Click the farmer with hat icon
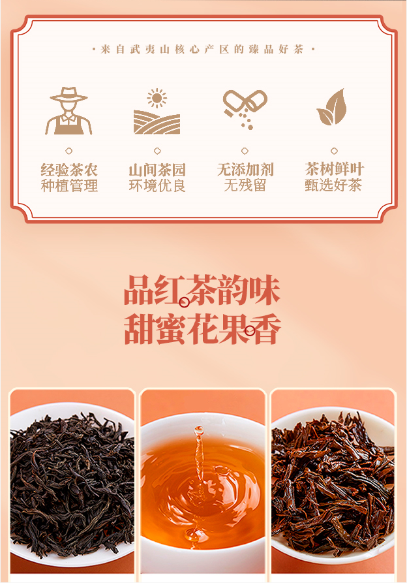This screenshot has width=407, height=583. point(68,111)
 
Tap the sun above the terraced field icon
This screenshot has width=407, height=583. point(157,98)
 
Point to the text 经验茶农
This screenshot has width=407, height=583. point(69,170)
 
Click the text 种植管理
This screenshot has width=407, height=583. point(69,185)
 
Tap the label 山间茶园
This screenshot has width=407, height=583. point(157,170)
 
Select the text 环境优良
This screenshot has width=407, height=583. point(157,185)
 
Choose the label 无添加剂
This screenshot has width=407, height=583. point(245,170)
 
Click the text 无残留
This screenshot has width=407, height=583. point(245,185)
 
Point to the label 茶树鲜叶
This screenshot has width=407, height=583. point(334,169)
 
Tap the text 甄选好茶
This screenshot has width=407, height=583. point(333,185)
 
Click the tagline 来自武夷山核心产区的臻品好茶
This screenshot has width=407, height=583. point(203,49)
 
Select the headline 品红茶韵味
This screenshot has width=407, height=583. point(202,291)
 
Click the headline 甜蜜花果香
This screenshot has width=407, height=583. point(202,330)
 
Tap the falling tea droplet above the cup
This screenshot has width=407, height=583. point(199,432)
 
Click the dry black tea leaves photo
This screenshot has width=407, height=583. point(72,481)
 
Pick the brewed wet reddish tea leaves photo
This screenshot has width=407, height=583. point(333,481)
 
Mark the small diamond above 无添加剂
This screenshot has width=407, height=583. point(245,151)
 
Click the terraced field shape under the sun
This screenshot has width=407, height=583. point(157,122)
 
